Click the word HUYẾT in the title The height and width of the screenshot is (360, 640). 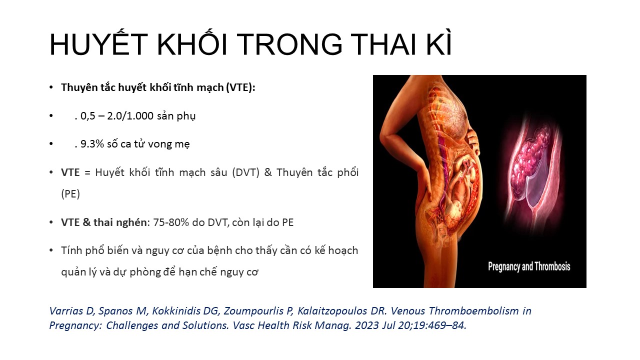pos(98,44)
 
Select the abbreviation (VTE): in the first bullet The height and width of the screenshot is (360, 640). pos(240,87)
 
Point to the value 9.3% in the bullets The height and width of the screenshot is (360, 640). pos(92,144)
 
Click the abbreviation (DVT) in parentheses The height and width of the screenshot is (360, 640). pos(245,172)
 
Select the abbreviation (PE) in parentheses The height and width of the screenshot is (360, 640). pos(70,194)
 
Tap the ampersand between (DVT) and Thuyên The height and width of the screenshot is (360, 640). pos(268,172)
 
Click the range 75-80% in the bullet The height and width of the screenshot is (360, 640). pos(171,222)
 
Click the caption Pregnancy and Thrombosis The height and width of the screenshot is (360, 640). pos(529,266)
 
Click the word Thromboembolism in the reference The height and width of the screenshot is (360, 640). pos(473,311)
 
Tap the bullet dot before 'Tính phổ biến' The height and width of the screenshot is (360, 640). pos(51,250)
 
